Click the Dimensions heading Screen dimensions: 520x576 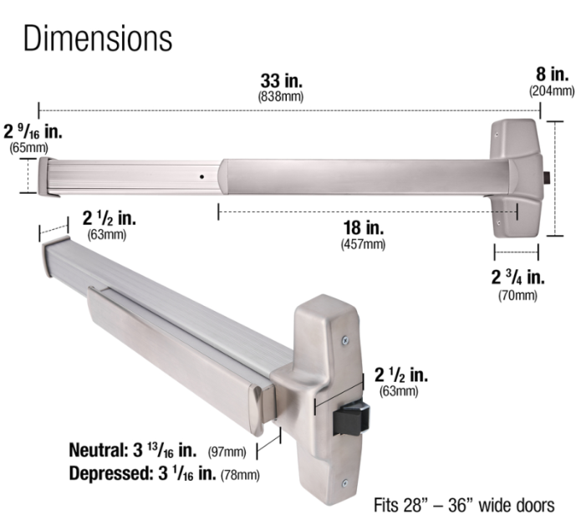[98, 38]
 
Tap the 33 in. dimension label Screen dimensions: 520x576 [281, 82]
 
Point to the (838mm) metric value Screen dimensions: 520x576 [281, 97]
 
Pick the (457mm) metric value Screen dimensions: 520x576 [363, 244]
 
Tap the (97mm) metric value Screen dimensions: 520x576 [227, 452]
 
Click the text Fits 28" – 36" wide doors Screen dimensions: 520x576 [463, 506]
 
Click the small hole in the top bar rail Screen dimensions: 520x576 [201, 177]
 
